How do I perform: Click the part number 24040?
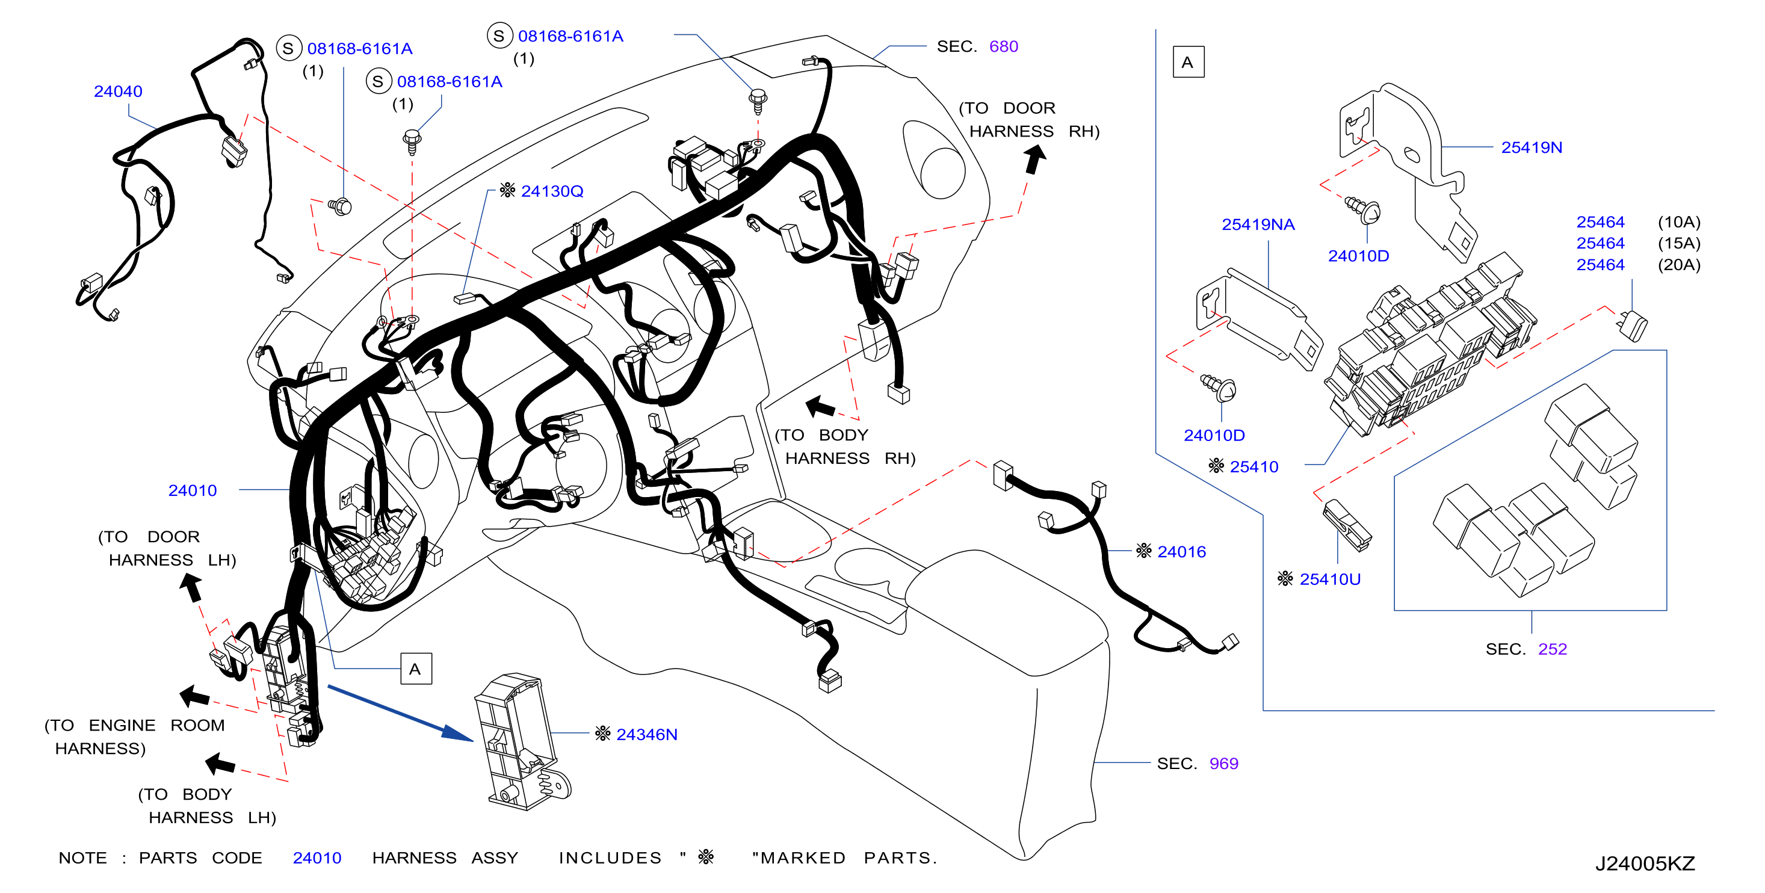click(118, 91)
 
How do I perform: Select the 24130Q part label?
click(552, 191)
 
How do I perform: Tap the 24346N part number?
click(647, 734)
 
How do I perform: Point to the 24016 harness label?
click(1181, 552)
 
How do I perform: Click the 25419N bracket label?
click(1532, 147)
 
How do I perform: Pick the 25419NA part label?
click(1258, 225)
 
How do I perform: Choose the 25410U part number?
click(1330, 579)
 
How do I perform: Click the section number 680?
click(1004, 46)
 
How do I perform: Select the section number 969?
click(1224, 764)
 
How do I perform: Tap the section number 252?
click(1553, 649)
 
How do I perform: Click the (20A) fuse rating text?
click(1679, 265)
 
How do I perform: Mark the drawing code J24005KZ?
click(1645, 864)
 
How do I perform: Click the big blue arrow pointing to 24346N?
click(400, 714)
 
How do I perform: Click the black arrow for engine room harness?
click(194, 696)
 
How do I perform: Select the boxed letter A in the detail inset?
click(1188, 63)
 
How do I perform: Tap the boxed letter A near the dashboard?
click(416, 669)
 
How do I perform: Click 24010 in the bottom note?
click(317, 858)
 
